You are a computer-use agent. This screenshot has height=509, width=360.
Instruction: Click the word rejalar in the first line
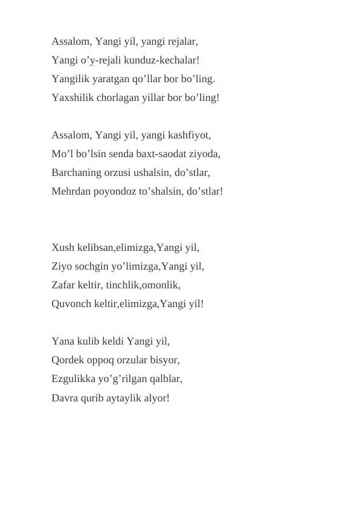tap(181, 42)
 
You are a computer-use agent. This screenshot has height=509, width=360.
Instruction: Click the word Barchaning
tap(77, 172)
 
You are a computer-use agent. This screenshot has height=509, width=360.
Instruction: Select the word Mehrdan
tap(71, 191)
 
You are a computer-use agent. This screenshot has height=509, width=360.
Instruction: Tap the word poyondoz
tap(114, 191)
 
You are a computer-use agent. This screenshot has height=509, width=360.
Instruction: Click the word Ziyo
tap(62, 266)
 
